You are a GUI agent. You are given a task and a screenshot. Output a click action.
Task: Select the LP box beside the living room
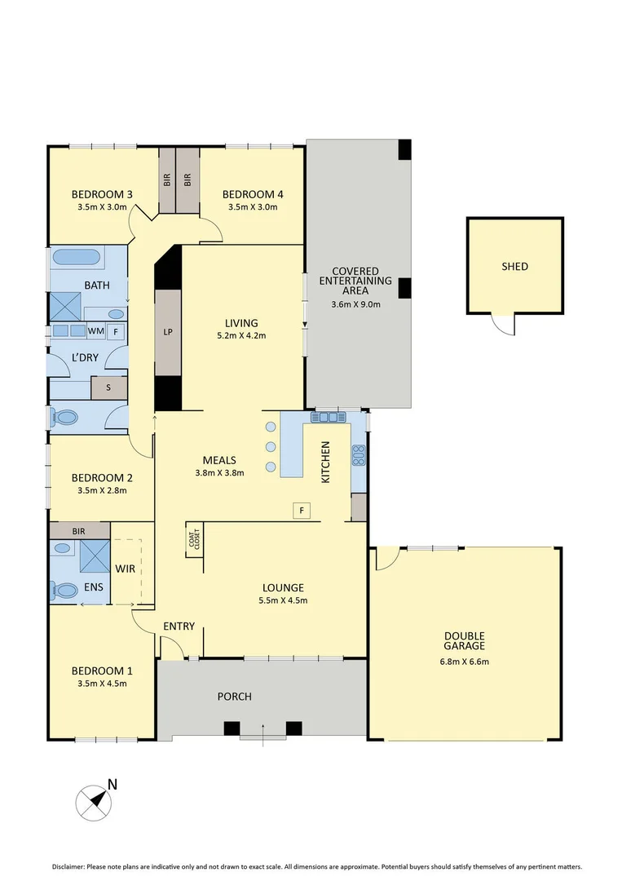pyautogui.click(x=168, y=332)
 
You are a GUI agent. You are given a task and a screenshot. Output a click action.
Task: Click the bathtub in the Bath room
pyautogui.click(x=77, y=259)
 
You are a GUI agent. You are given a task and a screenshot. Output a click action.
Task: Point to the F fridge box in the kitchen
pyautogui.click(x=302, y=511)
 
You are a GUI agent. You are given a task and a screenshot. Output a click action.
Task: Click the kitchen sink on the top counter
pyautogui.click(x=327, y=417)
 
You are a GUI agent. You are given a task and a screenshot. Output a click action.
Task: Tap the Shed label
pyautogui.click(x=514, y=267)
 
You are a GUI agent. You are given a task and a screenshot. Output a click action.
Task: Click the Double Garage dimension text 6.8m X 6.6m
pyautogui.click(x=465, y=662)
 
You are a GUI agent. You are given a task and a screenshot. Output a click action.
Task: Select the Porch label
pyautogui.click(x=234, y=697)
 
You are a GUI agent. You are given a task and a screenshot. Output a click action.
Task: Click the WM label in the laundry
pyautogui.click(x=95, y=331)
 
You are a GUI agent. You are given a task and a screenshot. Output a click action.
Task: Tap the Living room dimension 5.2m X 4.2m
pyautogui.click(x=242, y=335)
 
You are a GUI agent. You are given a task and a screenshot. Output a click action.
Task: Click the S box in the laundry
pyautogui.click(x=108, y=388)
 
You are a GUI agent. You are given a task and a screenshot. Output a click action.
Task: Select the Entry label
pyautogui.click(x=179, y=626)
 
